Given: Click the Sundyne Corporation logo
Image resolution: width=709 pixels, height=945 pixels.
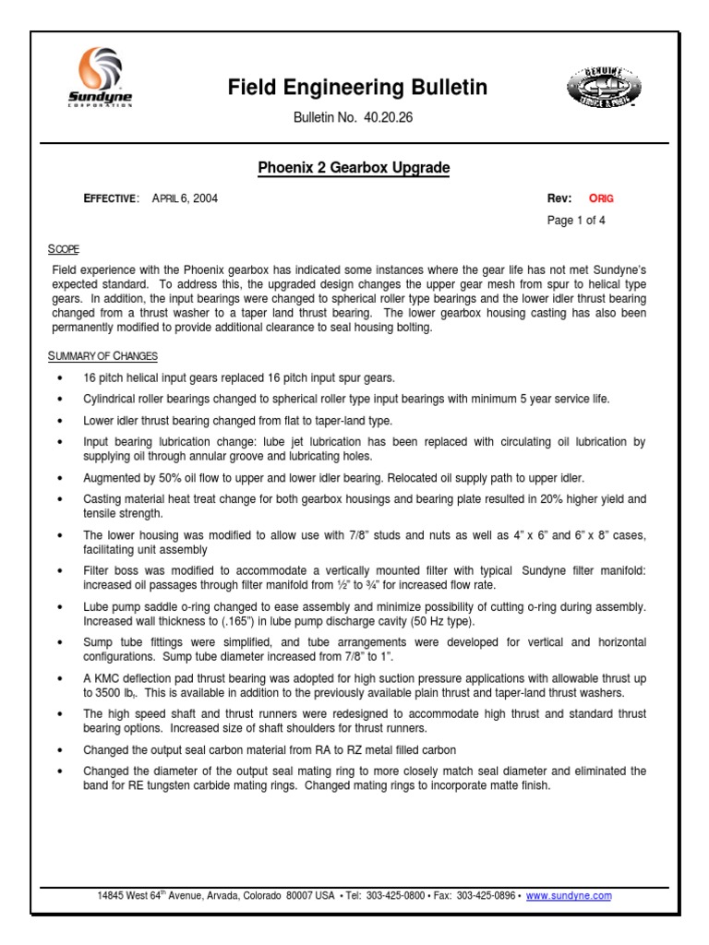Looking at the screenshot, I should click(x=102, y=78).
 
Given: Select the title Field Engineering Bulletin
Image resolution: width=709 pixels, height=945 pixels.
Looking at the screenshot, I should click(x=357, y=89).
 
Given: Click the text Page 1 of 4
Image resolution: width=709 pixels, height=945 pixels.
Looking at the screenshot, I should click(x=577, y=221).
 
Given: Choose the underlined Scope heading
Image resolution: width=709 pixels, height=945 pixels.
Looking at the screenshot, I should click(x=64, y=249).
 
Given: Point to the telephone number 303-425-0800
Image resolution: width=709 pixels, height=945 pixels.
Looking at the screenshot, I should click(x=397, y=895).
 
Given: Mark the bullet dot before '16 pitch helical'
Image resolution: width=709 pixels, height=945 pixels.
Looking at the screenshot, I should click(x=61, y=378).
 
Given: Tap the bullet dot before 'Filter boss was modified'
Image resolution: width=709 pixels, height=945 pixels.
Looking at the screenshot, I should click(x=61, y=570).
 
